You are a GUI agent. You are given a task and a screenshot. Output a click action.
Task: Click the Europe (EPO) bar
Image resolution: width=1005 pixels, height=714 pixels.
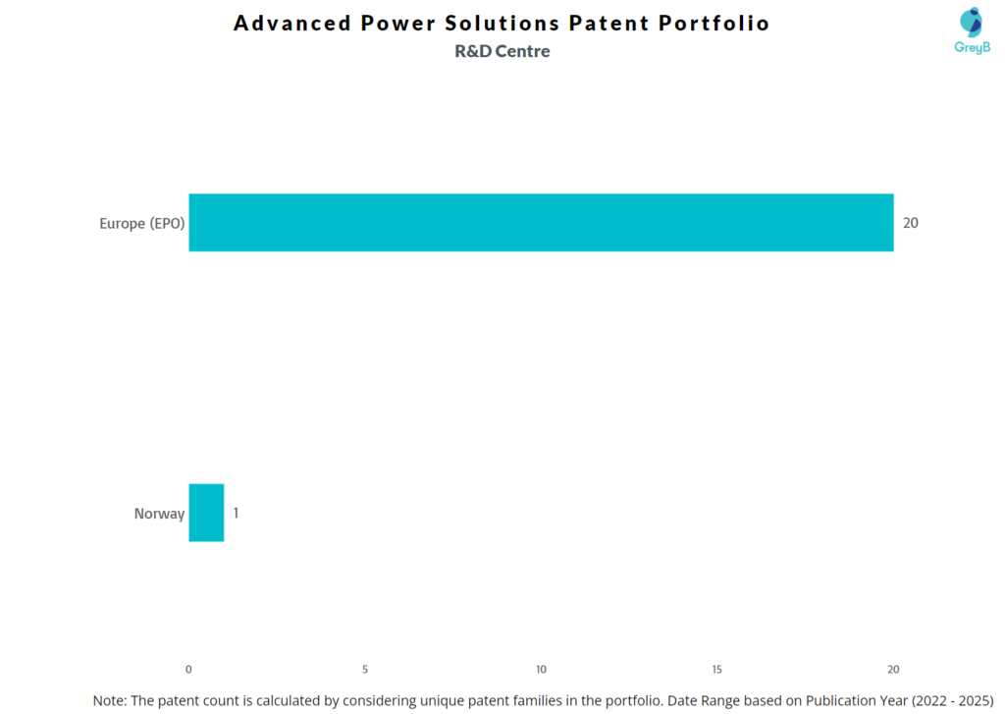pyautogui.click(x=541, y=223)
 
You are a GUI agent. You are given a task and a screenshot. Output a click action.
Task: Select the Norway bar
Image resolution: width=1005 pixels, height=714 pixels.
pyautogui.click(x=206, y=513)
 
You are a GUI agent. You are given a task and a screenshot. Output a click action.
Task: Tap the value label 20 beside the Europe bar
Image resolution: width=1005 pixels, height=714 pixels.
pyautogui.click(x=911, y=223)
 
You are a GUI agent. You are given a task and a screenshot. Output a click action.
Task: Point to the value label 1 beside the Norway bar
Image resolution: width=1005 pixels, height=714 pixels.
pyautogui.click(x=236, y=513)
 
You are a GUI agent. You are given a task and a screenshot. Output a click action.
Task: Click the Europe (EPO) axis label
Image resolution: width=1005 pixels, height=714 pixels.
pyautogui.click(x=142, y=223)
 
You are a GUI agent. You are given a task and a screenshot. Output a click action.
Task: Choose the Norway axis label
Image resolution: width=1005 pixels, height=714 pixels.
pyautogui.click(x=159, y=514)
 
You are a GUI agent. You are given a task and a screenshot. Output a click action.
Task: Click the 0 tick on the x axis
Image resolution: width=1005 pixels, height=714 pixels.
pyautogui.click(x=188, y=669)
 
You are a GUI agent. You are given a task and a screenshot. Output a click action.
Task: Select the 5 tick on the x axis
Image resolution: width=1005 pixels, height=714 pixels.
pyautogui.click(x=365, y=669)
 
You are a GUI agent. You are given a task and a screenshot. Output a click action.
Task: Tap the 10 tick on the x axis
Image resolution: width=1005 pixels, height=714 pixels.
pyautogui.click(x=541, y=669)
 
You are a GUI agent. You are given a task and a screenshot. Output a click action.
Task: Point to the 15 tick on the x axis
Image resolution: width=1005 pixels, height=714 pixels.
pyautogui.click(x=717, y=669)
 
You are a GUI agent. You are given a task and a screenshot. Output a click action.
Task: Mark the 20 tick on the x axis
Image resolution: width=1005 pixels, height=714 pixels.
pyautogui.click(x=893, y=669)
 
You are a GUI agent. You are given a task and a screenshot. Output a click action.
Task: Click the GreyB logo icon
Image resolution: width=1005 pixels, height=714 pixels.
pyautogui.click(x=971, y=22)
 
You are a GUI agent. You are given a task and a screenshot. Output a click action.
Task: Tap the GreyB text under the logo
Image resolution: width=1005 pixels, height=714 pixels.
pyautogui.click(x=972, y=47)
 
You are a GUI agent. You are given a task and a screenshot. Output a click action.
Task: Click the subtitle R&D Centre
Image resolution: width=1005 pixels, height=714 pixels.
pyautogui.click(x=502, y=51)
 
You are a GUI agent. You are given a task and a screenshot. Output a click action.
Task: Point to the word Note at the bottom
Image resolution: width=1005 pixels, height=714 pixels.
pyautogui.click(x=110, y=700)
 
